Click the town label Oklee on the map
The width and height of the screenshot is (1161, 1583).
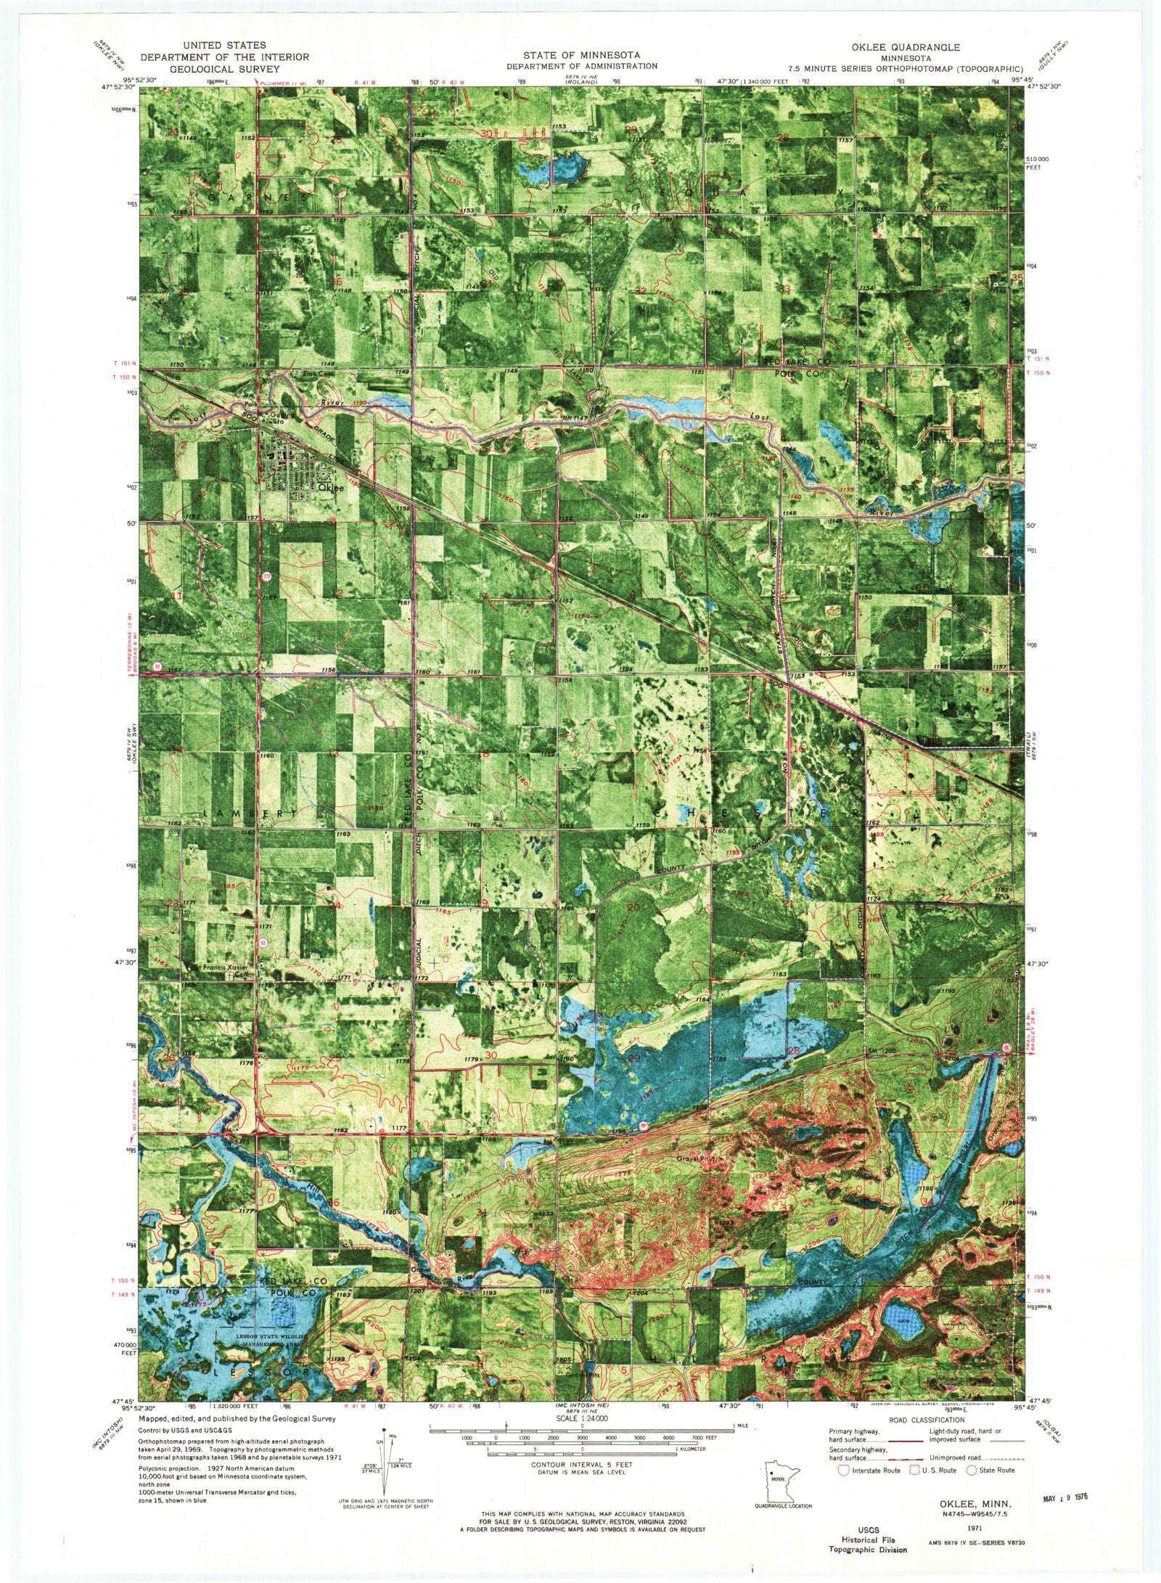tap(329, 488)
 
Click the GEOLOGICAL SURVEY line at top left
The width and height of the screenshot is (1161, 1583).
tap(225, 69)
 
